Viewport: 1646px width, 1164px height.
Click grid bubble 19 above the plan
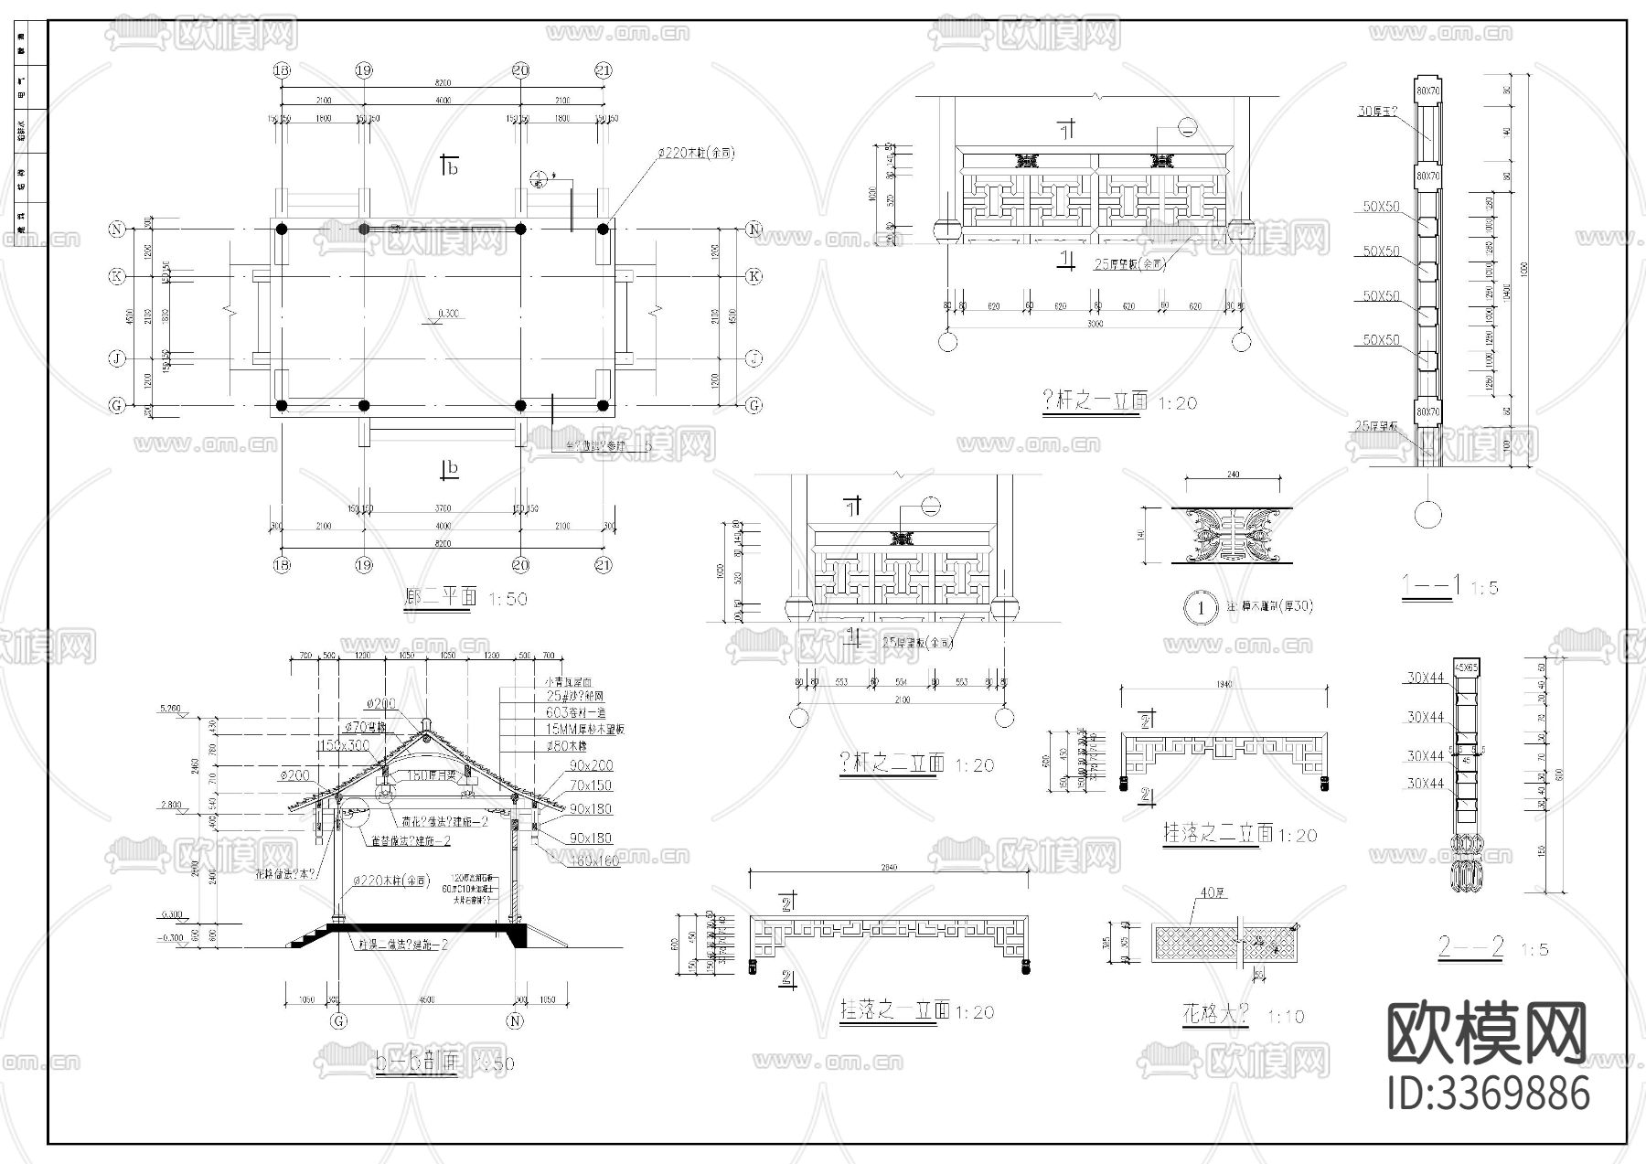tap(364, 70)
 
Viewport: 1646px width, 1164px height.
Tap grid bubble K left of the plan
tap(117, 275)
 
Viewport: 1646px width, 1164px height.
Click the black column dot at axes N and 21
tap(603, 229)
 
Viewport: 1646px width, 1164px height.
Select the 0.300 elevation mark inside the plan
tap(449, 315)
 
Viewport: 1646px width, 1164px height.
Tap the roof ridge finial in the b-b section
tap(425, 722)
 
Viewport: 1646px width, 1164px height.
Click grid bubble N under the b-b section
tap(515, 1021)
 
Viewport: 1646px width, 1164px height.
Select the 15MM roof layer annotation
tap(585, 730)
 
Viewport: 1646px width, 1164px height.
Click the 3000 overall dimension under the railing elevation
tap(1095, 324)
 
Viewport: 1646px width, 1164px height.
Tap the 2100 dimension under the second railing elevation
tap(902, 699)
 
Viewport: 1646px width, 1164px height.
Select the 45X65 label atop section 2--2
tap(1466, 667)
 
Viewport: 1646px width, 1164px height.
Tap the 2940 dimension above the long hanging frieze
tap(887, 867)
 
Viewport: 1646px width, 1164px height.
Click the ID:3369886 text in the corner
tap(1489, 1094)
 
